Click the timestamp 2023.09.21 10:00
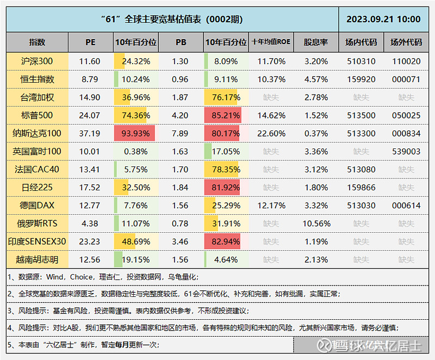(383, 19)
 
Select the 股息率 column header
(315, 42)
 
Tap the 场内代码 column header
(361, 42)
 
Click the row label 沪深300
(37, 61)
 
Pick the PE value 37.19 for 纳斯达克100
(90, 133)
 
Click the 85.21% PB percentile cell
(226, 115)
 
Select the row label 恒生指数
(37, 79)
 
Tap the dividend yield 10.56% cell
(315, 224)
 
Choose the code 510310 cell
(361, 61)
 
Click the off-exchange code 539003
(406, 151)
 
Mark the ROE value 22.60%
(271, 133)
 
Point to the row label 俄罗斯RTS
(37, 224)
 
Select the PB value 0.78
(180, 224)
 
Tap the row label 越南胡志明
(37, 259)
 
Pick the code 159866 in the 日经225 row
(361, 188)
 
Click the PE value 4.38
(90, 224)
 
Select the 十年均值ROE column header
(271, 42)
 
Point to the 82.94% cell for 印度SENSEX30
(226, 241)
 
